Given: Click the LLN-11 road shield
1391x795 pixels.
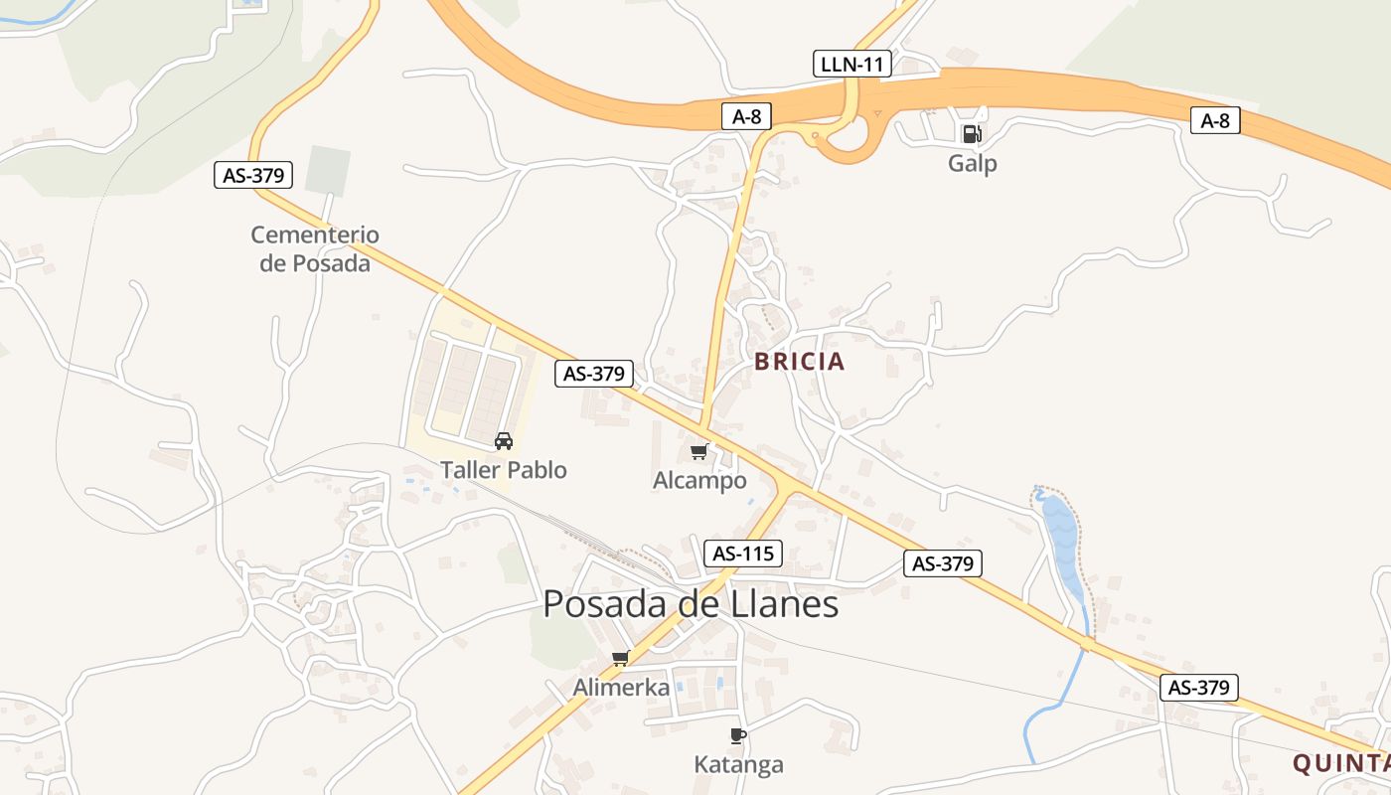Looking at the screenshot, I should (x=851, y=65).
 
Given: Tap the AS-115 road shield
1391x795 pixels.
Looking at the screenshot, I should (x=743, y=554).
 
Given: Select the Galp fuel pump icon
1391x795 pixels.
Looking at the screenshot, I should (x=972, y=133).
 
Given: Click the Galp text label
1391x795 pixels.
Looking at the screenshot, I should (x=972, y=163).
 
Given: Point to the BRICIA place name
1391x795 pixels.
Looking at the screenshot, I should (x=799, y=362).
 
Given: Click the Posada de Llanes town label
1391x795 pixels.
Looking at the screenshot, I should (x=691, y=604).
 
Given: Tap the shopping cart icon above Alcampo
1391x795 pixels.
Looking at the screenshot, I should (x=699, y=452).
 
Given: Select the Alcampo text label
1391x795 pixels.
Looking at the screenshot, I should (x=699, y=481).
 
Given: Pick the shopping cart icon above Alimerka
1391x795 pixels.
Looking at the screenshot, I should (x=621, y=658).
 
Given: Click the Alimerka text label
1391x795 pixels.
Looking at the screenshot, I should (x=621, y=687).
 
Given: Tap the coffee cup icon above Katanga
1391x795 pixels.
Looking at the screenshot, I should (x=737, y=735).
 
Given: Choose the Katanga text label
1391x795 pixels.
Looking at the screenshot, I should (x=738, y=764).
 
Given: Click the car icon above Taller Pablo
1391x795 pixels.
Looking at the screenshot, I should (x=504, y=440).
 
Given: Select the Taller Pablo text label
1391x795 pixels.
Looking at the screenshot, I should (x=504, y=469).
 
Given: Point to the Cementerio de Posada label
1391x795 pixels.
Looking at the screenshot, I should (x=315, y=248).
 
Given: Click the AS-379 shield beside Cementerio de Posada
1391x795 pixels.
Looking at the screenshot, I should (x=254, y=176).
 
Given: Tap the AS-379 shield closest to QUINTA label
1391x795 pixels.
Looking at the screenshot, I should (x=1198, y=687).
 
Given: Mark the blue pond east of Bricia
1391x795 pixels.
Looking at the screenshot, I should (x=1062, y=542).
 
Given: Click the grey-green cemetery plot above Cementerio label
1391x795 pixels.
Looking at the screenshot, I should (x=328, y=170).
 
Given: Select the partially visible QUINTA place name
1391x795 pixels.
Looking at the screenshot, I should (x=1340, y=763).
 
